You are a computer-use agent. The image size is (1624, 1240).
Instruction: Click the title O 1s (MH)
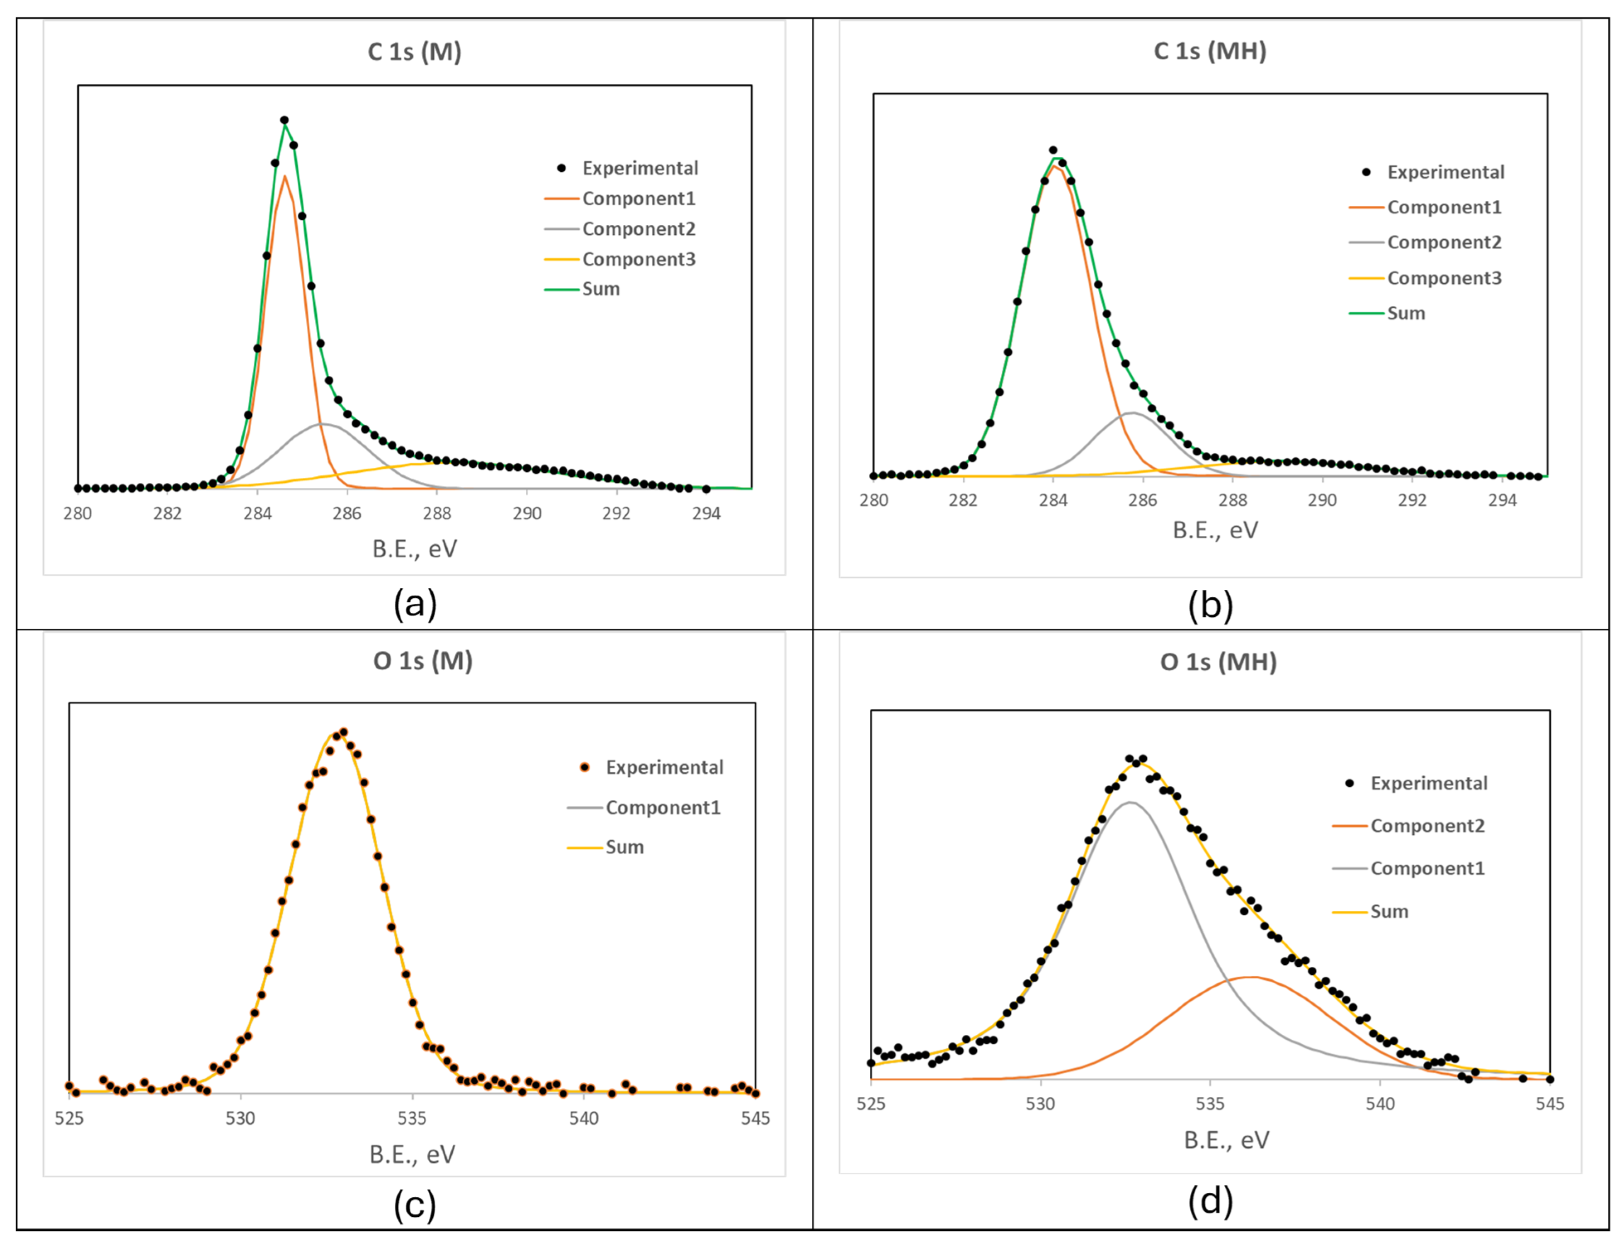tap(1218, 662)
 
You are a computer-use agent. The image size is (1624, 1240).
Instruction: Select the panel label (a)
tap(415, 604)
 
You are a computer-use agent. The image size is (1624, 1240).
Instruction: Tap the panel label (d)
tap(1210, 1201)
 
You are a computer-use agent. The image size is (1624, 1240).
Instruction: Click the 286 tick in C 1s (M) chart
tap(347, 513)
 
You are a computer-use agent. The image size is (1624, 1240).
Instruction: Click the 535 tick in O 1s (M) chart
tap(412, 1118)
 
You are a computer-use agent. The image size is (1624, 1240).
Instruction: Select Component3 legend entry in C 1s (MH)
tap(1444, 278)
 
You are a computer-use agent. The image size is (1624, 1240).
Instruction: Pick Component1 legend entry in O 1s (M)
tap(663, 807)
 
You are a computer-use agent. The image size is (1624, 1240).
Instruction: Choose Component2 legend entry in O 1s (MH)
tap(1427, 826)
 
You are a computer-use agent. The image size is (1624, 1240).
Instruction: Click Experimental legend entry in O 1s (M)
tap(664, 768)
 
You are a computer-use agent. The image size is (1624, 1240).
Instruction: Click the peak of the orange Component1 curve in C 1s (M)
tap(284, 176)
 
